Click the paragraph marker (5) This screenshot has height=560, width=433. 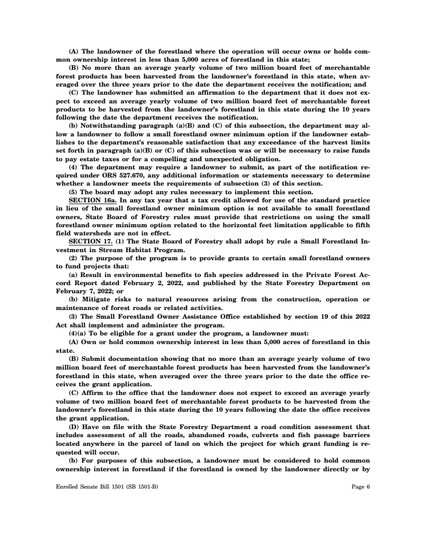point(73,192)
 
